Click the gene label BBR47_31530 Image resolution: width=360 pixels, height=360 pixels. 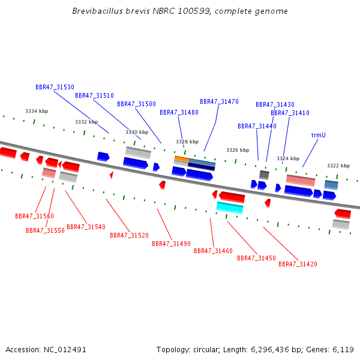[x=55, y=87]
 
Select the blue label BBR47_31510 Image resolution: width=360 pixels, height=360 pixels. [x=94, y=95]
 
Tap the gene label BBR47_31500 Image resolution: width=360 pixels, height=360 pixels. [x=136, y=104]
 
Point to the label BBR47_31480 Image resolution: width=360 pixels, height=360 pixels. [x=179, y=112]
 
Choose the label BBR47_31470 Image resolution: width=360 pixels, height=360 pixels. [x=219, y=101]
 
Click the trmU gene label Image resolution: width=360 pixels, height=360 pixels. [x=318, y=135]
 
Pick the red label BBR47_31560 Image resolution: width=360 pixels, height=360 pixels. [x=34, y=216]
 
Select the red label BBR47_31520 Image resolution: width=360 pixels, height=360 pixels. [x=129, y=235]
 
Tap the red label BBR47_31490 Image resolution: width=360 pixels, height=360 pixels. [x=171, y=244]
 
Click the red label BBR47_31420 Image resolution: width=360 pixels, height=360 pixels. [x=298, y=264]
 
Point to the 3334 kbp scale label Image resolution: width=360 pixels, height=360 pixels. [x=37, y=111]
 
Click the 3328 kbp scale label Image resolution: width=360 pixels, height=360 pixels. [x=187, y=142]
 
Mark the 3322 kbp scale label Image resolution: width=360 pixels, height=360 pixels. [x=338, y=166]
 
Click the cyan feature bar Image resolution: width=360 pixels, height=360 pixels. [x=230, y=208]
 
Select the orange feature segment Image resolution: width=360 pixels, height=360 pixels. [x=182, y=158]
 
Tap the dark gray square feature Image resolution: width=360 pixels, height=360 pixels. [x=264, y=175]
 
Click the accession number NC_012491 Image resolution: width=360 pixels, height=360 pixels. [x=65, y=350]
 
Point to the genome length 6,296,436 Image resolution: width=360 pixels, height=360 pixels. [x=270, y=350]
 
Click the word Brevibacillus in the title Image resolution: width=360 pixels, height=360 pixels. [x=98, y=11]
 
